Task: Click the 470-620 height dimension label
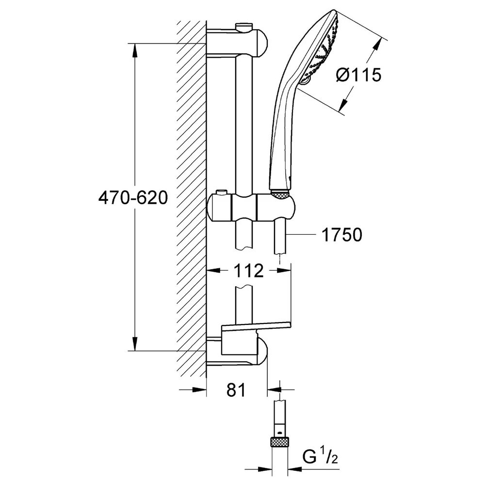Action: [x=133, y=198]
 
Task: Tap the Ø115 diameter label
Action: [x=359, y=75]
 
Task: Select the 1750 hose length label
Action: [x=342, y=235]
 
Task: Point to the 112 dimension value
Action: [x=248, y=271]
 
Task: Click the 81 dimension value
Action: [x=236, y=390]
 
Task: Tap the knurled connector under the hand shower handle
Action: [x=280, y=194]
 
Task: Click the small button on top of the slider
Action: [x=221, y=193]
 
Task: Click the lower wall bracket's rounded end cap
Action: [x=262, y=351]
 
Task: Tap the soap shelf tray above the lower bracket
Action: [x=257, y=326]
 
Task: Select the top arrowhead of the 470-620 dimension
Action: [x=134, y=50]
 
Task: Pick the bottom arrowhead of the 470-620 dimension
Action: [x=134, y=344]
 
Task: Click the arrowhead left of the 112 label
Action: [x=213, y=270]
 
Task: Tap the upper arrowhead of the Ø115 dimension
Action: [x=376, y=45]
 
